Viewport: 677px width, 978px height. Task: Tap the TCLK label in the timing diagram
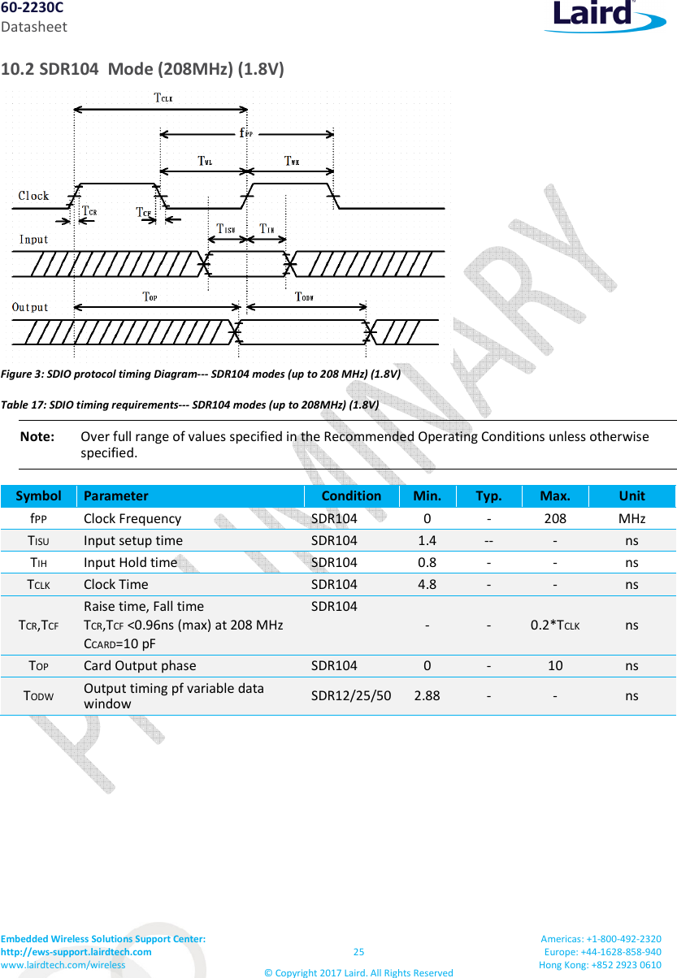point(163,98)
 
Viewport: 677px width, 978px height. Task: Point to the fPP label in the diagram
point(246,133)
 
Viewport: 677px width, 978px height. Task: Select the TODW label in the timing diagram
point(304,296)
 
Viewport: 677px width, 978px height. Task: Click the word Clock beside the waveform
point(33,196)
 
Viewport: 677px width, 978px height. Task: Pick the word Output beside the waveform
point(30,307)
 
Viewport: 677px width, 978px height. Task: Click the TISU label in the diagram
point(225,228)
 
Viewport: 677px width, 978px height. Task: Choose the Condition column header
point(351,495)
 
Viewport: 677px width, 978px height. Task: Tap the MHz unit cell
point(631,518)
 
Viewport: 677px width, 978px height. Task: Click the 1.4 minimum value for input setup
point(427,540)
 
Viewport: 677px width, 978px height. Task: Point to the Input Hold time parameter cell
point(130,562)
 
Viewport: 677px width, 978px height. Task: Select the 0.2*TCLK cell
point(554,625)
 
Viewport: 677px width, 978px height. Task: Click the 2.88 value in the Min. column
point(427,695)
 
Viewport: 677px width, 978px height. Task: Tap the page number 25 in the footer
point(358,952)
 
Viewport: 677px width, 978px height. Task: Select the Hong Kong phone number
point(601,964)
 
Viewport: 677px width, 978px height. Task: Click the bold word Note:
point(37,437)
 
